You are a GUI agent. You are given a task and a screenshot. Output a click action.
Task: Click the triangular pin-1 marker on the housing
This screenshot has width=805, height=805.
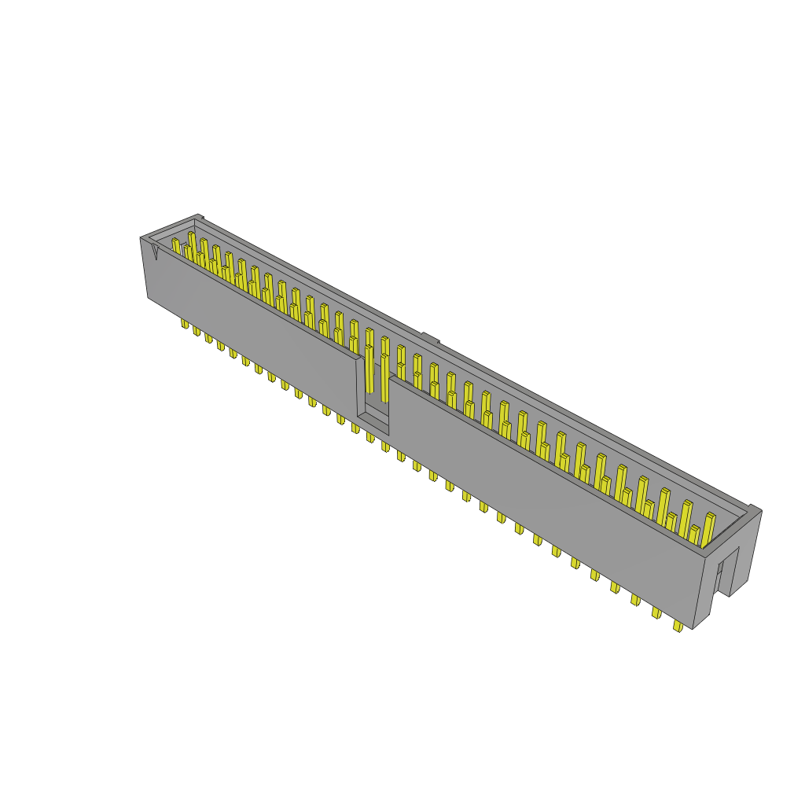[x=155, y=251]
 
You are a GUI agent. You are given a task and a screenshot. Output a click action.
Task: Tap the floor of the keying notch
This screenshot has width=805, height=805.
[x=373, y=425]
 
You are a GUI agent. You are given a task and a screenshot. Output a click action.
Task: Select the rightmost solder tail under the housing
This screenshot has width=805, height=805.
[x=678, y=627]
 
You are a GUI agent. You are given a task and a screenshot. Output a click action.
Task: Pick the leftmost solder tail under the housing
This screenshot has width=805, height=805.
[x=185, y=323]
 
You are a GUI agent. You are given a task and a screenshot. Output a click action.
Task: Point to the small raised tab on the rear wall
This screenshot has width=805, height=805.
[x=429, y=339]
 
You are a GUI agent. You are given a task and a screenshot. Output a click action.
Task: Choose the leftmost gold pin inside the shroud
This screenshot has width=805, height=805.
[x=176, y=246]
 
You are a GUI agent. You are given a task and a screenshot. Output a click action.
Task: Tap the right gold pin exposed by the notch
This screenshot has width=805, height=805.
[x=384, y=376]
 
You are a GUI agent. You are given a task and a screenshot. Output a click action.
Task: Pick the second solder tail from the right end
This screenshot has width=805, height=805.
[x=656, y=613]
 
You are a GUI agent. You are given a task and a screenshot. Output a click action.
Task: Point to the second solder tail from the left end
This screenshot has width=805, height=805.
[x=197, y=330]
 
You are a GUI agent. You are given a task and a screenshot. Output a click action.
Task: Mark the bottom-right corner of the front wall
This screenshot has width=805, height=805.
[x=693, y=628]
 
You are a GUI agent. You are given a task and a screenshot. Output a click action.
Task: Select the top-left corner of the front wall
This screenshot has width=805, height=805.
[x=141, y=237]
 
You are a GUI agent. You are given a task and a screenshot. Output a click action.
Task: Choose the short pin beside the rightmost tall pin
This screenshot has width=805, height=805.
[x=694, y=535]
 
